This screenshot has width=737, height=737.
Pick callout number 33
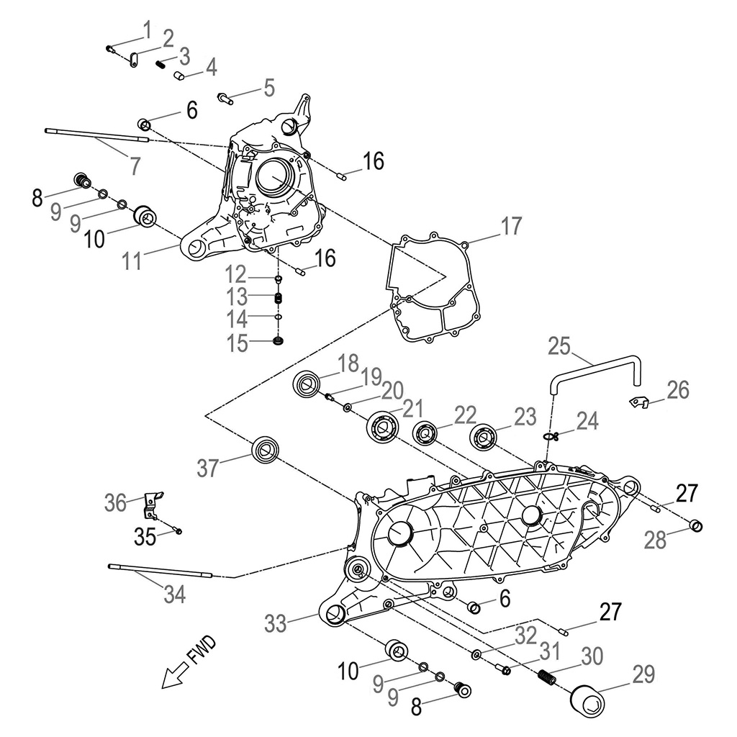[275, 623]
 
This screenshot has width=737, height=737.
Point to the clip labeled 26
[638, 400]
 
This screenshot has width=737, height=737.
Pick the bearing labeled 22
[425, 433]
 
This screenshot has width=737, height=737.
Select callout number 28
[655, 541]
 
